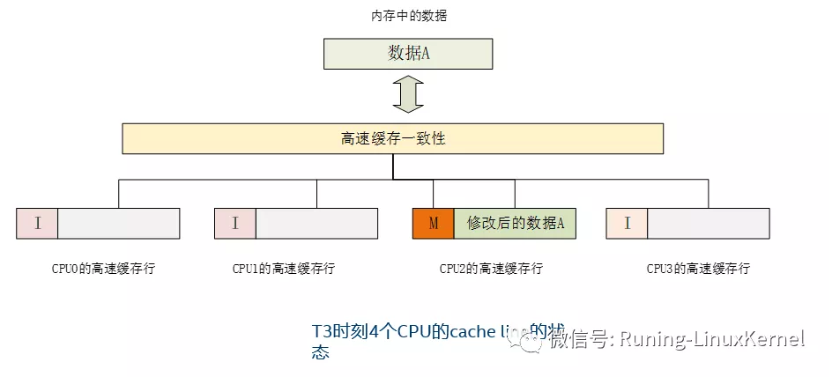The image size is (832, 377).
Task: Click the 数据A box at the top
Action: pos(408,54)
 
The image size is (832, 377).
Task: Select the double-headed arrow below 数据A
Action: pos(408,95)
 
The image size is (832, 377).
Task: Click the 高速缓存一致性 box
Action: pos(392,138)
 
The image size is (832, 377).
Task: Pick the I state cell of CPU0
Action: pos(37,224)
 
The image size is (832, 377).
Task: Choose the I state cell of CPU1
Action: pos(235,224)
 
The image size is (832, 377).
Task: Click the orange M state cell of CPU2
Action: pos(433,224)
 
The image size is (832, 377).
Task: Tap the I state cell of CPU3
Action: pos(627,224)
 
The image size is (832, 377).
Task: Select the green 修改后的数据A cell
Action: pos(515,224)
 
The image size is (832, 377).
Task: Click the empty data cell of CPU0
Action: pos(119,224)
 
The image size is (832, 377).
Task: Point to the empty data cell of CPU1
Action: pos(317,224)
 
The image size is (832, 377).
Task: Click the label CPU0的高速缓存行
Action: pos(103,269)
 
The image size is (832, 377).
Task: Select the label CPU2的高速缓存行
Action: pos(491,269)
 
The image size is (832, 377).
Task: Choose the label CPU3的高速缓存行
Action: pos(698,269)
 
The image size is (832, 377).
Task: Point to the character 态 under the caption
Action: pos(320,353)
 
